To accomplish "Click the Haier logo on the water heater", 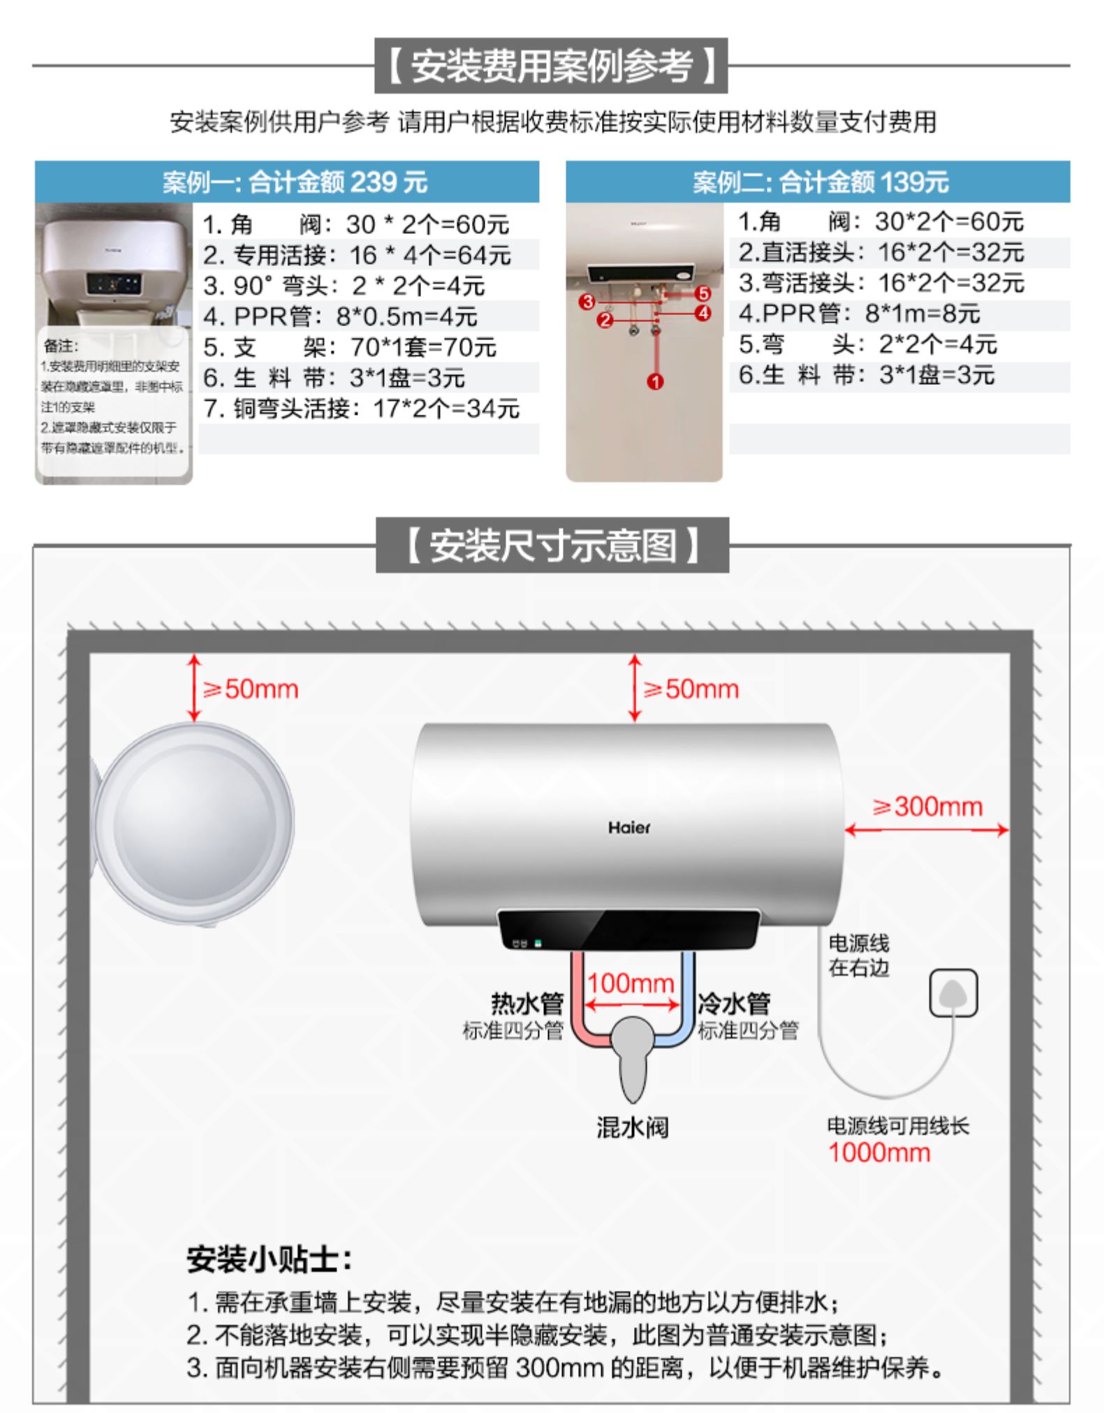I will click(628, 828).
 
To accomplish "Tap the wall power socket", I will click(953, 993).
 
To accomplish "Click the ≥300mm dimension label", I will click(927, 807).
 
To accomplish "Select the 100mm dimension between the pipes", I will click(630, 983).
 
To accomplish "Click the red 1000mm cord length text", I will click(878, 1152).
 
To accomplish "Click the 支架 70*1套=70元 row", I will click(349, 347).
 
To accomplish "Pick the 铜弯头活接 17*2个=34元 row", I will click(361, 409).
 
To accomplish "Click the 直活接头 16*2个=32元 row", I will click(881, 252).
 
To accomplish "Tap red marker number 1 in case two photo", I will click(655, 381).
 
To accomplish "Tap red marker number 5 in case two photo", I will click(702, 293).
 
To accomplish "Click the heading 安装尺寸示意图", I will click(552, 546).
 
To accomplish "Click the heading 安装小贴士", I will click(269, 1259).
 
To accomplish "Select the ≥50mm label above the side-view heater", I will click(250, 689).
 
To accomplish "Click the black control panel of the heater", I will click(628, 929).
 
